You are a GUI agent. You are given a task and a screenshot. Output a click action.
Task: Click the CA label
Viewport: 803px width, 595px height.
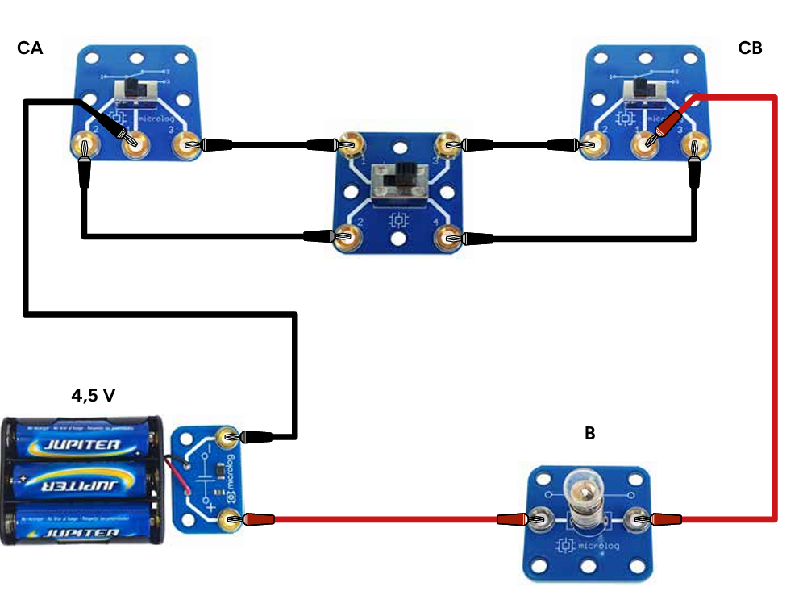(30, 49)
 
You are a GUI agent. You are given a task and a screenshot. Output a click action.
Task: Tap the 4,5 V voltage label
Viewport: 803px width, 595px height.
(94, 396)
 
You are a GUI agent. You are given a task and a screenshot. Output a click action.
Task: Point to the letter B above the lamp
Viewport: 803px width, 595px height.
(589, 434)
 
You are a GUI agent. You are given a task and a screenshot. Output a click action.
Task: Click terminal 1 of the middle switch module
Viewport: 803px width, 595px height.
(352, 145)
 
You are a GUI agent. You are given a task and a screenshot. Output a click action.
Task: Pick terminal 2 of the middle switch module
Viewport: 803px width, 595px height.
(352, 237)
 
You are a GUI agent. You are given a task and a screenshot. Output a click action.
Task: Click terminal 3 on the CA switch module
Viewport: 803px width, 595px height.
(186, 145)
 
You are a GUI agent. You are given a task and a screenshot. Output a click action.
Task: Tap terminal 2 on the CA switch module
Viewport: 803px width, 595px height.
(83, 146)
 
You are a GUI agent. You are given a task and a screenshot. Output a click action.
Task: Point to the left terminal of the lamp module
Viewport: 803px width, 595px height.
(537, 520)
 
